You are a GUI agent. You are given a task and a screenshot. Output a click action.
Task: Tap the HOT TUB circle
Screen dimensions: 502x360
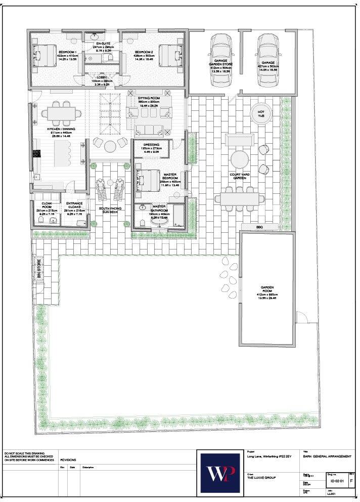coord(261,114)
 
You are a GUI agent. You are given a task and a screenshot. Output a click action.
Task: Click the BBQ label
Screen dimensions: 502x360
coord(260,227)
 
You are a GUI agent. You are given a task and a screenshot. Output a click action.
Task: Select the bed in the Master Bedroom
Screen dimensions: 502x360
coord(147,180)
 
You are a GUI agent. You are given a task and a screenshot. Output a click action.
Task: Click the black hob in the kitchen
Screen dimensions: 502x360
coord(36,154)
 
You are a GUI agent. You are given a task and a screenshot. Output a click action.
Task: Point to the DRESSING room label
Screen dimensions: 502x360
coord(152,145)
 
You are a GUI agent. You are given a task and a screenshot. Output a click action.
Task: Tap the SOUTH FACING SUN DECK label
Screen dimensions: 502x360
coord(110,211)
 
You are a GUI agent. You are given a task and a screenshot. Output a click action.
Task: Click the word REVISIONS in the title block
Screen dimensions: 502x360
coord(68,460)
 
